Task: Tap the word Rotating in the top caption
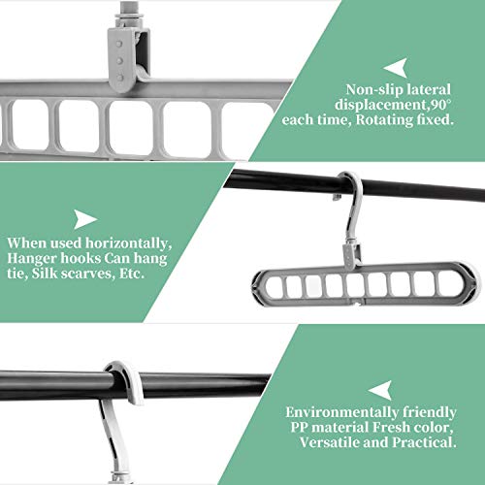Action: point(384,120)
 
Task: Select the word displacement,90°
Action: point(393,105)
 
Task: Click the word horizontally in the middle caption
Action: point(129,243)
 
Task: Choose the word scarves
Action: point(87,274)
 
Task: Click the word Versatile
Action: point(330,442)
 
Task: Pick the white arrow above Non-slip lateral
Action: point(397,68)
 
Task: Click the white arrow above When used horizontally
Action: point(83,219)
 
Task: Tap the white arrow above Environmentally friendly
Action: point(382,390)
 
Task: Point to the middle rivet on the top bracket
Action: point(119,60)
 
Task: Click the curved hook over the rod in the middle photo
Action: point(353,201)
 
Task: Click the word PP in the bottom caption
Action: point(299,428)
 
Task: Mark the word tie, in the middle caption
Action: point(17,274)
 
